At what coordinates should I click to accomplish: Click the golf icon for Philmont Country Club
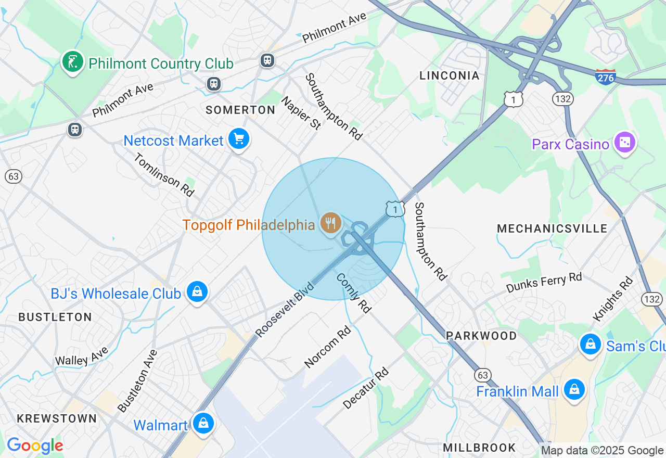[73, 62]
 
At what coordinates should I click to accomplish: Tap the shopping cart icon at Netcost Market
[239, 139]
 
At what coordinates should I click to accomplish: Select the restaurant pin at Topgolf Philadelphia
[330, 223]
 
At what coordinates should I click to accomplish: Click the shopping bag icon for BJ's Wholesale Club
[197, 292]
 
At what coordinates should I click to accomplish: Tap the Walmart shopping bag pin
[203, 424]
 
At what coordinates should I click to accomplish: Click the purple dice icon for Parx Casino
[624, 142]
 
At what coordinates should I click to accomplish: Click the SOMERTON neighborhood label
[240, 110]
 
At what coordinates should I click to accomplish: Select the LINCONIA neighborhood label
[450, 76]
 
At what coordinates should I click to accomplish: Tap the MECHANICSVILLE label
[552, 229]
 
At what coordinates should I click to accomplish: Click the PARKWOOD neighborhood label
[482, 336]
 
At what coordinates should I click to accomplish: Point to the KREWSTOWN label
[57, 418]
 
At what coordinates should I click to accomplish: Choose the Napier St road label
[301, 113]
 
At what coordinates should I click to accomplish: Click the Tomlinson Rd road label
[164, 175]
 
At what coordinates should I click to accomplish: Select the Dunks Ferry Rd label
[544, 283]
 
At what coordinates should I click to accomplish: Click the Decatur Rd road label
[366, 388]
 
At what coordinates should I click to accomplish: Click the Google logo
[35, 446]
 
